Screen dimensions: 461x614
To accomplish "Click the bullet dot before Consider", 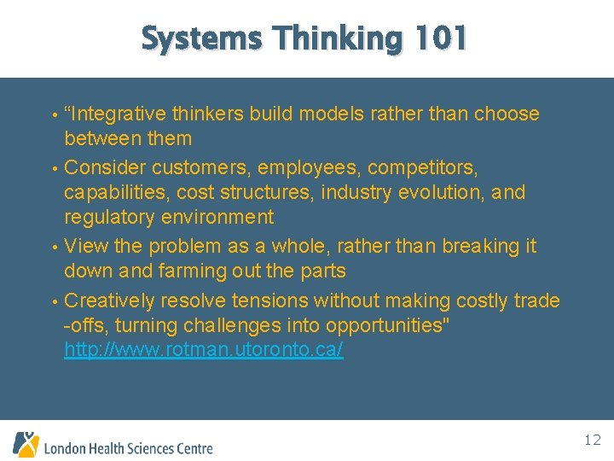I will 55,166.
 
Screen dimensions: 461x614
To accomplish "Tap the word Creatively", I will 113,301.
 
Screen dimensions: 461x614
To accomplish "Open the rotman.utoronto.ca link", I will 204,351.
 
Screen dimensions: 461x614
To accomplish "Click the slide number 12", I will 593,441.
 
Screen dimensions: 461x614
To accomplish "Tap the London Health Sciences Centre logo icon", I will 26,444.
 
